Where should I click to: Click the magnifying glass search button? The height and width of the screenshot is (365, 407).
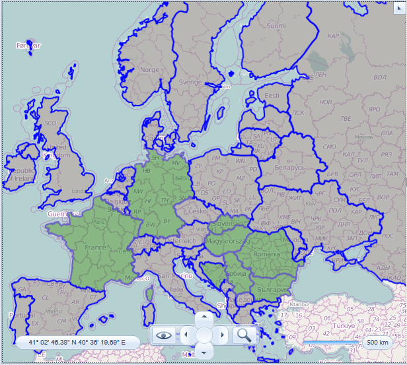click(244, 335)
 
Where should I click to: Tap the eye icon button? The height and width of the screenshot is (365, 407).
click(163, 335)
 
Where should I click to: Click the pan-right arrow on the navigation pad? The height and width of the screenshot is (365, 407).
click(222, 335)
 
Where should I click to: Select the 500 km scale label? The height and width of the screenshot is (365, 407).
click(377, 343)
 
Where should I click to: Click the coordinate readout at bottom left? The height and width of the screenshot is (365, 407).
click(77, 343)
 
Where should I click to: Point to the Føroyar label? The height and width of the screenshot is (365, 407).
click(28, 46)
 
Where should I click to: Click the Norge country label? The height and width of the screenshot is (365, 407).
click(150, 69)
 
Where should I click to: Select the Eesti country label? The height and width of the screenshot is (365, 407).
click(272, 96)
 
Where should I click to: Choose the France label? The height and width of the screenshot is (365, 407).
click(95, 247)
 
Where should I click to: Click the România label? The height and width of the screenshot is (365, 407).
click(267, 253)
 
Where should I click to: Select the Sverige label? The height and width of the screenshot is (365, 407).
click(190, 82)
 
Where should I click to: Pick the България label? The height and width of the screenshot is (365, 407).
click(272, 290)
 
